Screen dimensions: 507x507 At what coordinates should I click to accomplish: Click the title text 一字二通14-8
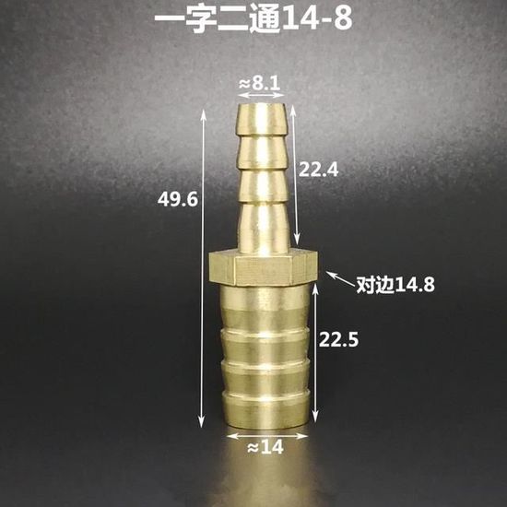[x=253, y=20]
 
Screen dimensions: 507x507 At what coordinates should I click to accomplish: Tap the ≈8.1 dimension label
[x=259, y=84]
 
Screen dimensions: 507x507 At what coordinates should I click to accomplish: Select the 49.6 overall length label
[x=177, y=199]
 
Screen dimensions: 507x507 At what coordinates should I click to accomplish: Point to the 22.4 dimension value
[x=319, y=170]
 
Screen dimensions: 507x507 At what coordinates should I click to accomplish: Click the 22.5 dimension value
[x=338, y=339]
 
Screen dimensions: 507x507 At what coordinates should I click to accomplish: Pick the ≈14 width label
[x=265, y=447]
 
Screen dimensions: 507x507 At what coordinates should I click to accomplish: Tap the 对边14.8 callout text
[x=395, y=285]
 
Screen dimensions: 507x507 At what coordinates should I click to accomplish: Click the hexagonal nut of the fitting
[x=264, y=267]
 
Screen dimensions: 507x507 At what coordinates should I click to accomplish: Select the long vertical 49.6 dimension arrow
[x=203, y=268]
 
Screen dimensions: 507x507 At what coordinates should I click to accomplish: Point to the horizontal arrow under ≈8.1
[x=261, y=95]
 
